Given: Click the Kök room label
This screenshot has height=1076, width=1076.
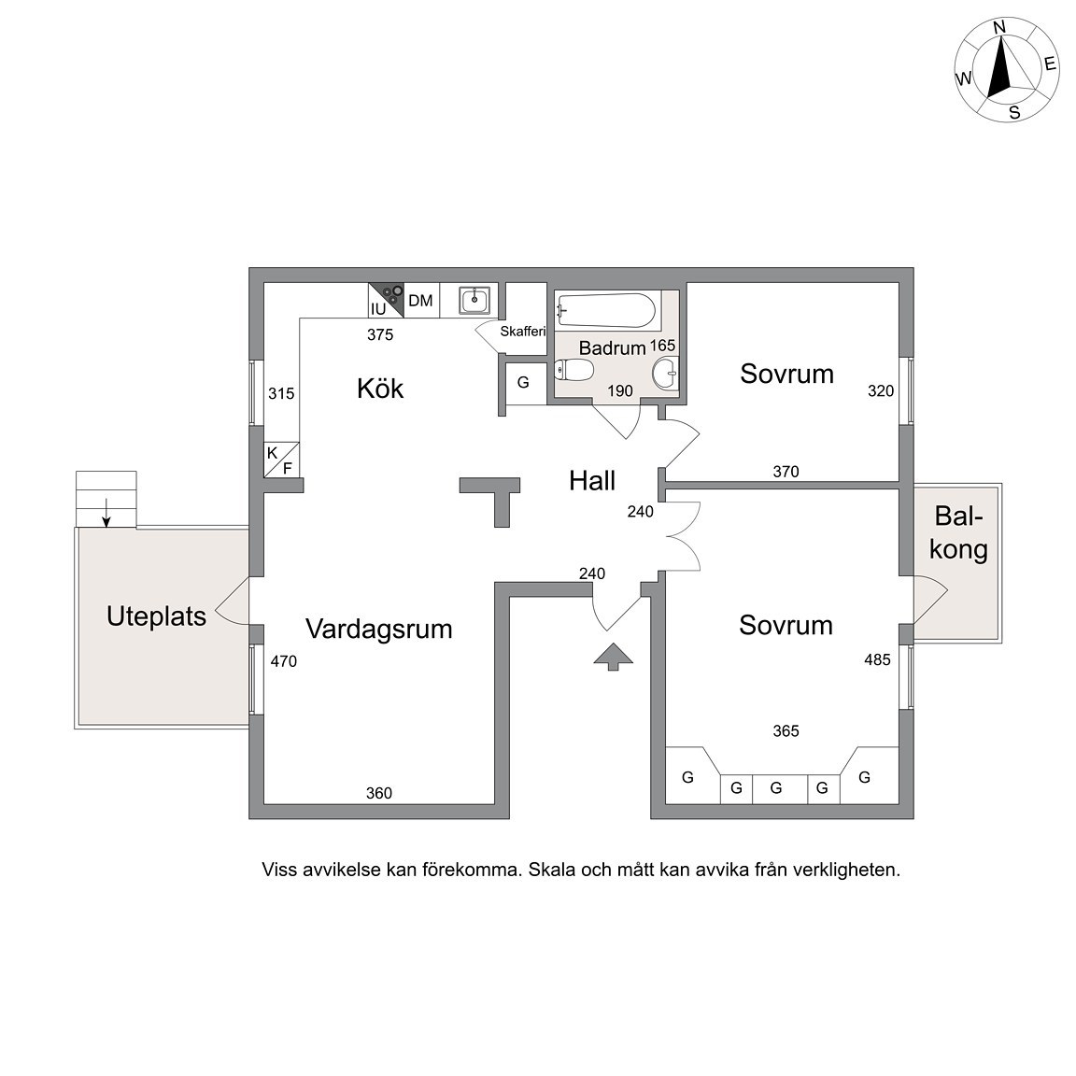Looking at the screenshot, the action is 380,389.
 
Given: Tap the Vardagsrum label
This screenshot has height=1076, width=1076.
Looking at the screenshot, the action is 379,629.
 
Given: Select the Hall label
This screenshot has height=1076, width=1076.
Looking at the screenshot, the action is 592,481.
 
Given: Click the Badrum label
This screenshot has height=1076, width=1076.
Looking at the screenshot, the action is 612,347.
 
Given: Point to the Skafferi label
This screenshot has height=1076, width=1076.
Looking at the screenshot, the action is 523,332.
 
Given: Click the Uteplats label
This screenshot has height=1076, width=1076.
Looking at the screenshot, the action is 157,616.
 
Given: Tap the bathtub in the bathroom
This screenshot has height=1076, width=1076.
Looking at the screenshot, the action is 606,310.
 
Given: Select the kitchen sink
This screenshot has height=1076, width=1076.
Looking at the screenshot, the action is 474,301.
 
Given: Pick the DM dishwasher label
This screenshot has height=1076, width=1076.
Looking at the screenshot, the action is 420,301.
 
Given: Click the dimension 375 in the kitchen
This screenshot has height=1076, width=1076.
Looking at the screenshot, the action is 380,335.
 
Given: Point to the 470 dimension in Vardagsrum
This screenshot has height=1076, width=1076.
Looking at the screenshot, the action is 283,661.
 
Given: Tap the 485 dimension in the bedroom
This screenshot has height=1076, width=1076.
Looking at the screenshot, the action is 878,660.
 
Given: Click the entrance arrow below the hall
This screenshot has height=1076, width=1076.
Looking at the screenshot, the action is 614,657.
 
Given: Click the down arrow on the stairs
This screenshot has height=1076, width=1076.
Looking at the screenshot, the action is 106,514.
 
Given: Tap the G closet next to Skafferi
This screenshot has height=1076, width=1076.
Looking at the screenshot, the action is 523,382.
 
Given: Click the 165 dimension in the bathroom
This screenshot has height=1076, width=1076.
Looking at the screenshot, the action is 663,346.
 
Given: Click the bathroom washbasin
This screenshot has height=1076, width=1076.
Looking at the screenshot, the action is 665,374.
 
